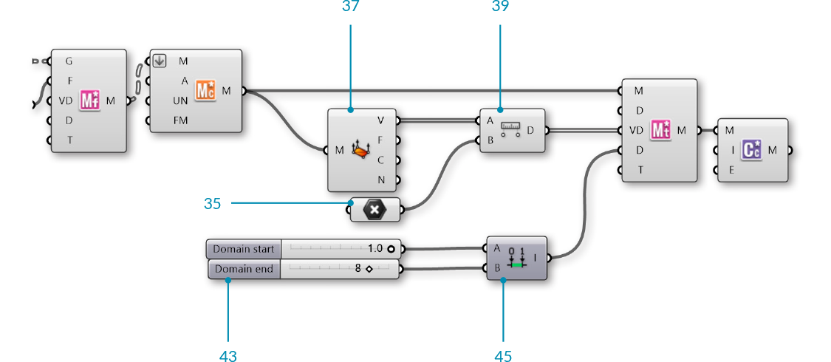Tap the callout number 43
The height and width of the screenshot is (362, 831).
228,355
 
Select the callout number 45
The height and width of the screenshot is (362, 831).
502,355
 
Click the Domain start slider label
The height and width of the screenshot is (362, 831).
243,249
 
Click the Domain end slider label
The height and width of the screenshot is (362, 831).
243,269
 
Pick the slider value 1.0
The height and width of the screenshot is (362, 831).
375,249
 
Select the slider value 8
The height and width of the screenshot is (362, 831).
358,269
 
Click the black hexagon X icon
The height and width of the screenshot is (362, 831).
375,210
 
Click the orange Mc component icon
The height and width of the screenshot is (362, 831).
205,91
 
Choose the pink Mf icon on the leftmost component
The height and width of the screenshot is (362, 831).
90,100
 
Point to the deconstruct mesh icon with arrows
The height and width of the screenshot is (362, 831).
360,150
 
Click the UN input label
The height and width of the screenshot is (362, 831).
181,100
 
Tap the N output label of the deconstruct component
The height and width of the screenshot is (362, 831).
380,180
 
